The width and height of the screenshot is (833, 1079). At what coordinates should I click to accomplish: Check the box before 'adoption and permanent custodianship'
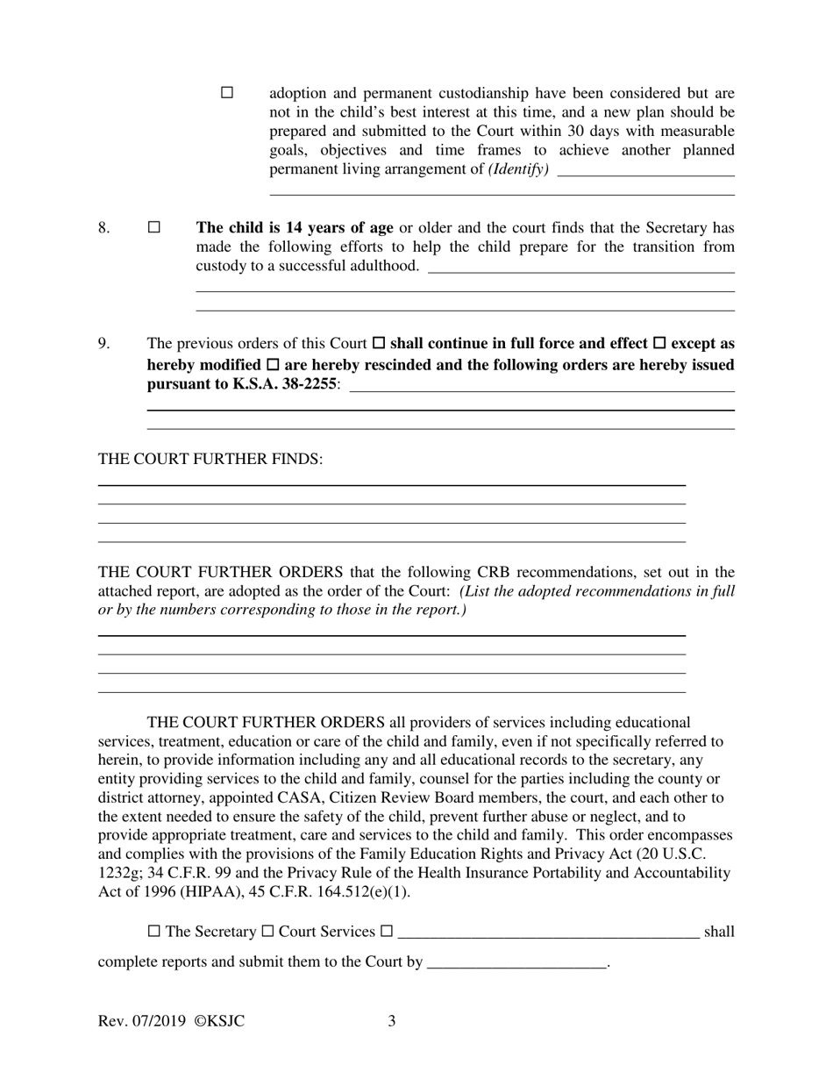pyautogui.click(x=227, y=93)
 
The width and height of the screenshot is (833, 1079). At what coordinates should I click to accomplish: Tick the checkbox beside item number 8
pyautogui.click(x=154, y=227)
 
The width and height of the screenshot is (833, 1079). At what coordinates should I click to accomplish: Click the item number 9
pyautogui.click(x=103, y=344)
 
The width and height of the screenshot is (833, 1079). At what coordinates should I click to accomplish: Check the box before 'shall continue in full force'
pyautogui.click(x=379, y=344)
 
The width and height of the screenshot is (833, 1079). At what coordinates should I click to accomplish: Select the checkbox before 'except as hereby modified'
pyautogui.click(x=660, y=344)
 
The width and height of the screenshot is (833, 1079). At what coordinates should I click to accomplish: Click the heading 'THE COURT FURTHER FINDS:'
pyautogui.click(x=210, y=460)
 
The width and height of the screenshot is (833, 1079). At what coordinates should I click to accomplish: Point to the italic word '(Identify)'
pyautogui.click(x=518, y=169)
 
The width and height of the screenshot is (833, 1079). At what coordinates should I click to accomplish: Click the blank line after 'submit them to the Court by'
pyautogui.click(x=516, y=962)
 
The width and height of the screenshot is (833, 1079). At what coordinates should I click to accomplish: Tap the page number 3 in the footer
pyautogui.click(x=392, y=1021)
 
